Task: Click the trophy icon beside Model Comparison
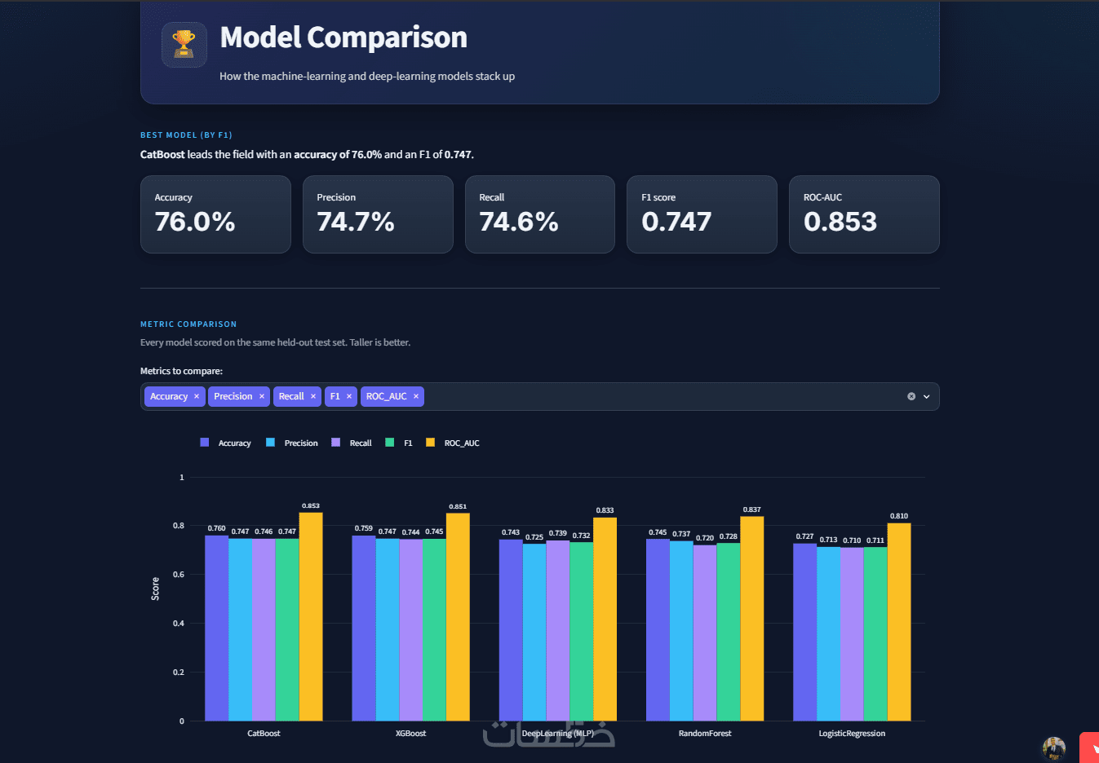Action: point(184,44)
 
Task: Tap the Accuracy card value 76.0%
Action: point(195,222)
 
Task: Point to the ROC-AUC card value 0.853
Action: point(840,222)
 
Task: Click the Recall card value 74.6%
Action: point(519,222)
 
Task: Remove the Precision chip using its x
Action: point(262,396)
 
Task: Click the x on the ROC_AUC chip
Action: point(416,396)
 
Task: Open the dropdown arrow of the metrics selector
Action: point(926,396)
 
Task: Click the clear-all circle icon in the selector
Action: point(911,396)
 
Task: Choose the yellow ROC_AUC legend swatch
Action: point(430,443)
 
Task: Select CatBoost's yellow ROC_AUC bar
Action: point(311,616)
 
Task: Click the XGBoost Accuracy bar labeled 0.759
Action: point(364,628)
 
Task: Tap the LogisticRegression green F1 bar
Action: point(875,634)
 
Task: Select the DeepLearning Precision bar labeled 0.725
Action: point(534,633)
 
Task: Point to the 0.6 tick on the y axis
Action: point(179,575)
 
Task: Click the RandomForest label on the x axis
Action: point(705,733)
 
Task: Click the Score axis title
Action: point(155,589)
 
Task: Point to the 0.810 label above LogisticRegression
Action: point(899,516)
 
